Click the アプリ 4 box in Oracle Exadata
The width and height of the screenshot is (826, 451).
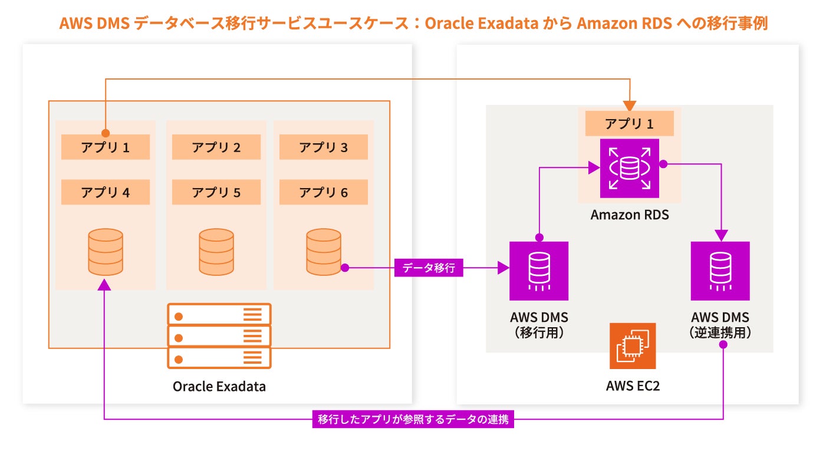106,192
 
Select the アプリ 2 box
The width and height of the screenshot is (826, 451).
216,147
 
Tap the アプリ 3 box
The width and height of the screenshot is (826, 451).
324,147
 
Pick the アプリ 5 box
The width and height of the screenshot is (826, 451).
216,192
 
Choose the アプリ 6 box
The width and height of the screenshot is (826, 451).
324,192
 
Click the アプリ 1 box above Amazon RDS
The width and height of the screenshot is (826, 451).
630,124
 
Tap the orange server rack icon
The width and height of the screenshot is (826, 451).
219,335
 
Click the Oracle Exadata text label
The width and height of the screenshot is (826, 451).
219,387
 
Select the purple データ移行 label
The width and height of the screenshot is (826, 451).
429,268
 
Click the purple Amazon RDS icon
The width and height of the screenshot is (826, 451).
630,169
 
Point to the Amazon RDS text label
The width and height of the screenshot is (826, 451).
630,215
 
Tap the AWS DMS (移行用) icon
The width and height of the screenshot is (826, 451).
539,271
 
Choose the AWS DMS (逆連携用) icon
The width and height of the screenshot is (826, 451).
720,271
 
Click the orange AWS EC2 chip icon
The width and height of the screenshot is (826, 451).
633,346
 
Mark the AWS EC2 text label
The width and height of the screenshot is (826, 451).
631,386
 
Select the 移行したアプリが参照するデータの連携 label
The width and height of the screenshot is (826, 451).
413,420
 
